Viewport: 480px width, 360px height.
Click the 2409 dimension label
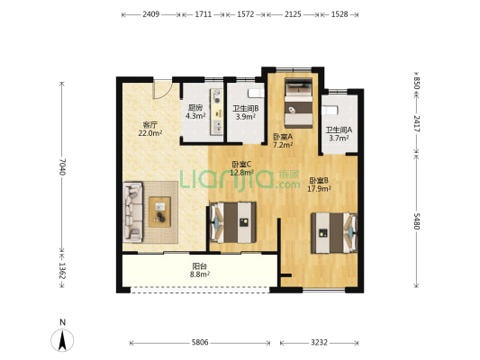[150, 14]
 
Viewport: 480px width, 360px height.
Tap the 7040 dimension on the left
[62, 166]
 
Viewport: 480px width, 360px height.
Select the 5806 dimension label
[200, 342]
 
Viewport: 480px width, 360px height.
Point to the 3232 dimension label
[320, 342]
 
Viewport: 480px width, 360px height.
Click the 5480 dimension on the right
[417, 221]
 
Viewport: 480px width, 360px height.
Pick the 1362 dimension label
[62, 270]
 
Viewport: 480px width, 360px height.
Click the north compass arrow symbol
[62, 340]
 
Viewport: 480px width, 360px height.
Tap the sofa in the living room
[133, 212]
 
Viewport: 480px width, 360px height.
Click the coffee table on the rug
[159, 211]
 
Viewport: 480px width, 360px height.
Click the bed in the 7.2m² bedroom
[298, 103]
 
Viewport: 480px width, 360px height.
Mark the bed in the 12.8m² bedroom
[233, 222]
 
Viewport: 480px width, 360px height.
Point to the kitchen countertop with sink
[217, 112]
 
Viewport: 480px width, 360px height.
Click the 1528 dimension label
[340, 14]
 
